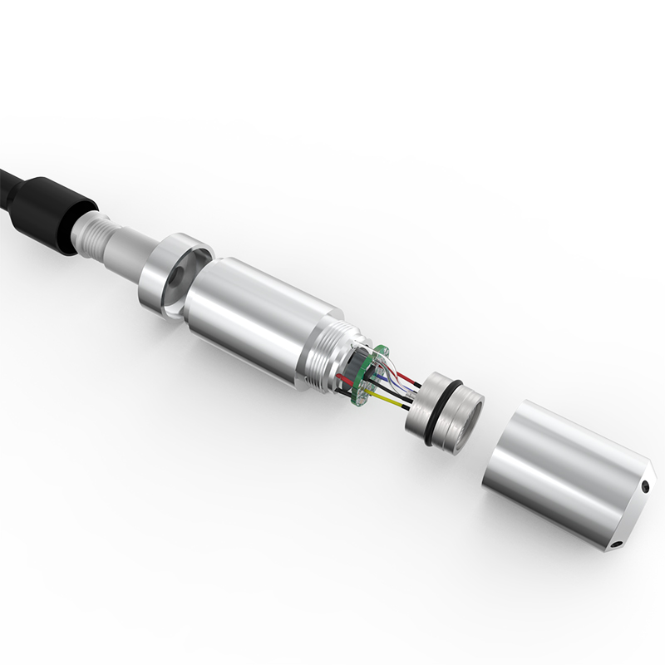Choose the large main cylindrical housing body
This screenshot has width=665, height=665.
249,316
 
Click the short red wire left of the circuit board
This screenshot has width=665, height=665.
344,379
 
